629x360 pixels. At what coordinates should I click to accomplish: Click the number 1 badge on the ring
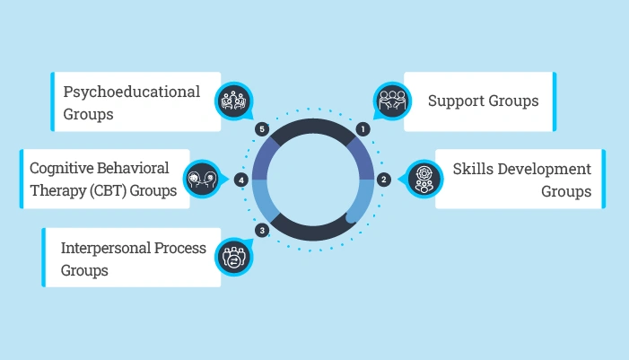tap(363, 129)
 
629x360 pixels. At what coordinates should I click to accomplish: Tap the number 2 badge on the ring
tap(383, 179)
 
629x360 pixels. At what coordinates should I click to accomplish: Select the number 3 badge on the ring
tap(261, 231)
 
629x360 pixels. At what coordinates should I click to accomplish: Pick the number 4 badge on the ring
tap(240, 180)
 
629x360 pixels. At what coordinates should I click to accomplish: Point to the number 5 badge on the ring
tap(262, 129)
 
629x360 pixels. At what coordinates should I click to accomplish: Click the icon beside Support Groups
tap(391, 101)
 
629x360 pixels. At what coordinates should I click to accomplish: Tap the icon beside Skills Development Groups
tap(425, 179)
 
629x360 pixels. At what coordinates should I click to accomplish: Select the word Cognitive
tap(65, 169)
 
